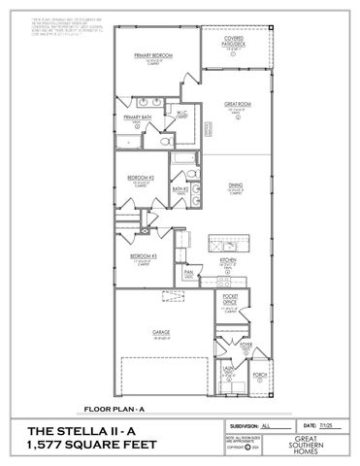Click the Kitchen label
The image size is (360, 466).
(228, 260)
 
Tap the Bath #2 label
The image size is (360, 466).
(180, 189)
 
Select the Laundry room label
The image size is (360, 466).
(228, 369)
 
